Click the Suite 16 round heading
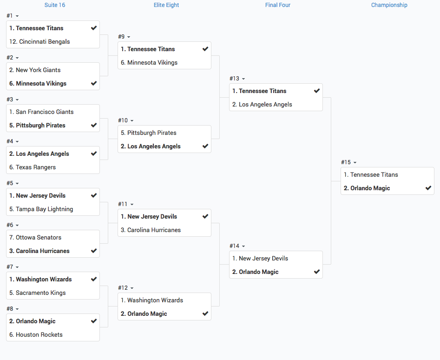point(55,5)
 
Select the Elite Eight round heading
point(166,5)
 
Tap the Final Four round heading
point(278,5)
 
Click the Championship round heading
point(389,5)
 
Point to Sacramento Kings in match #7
point(41,293)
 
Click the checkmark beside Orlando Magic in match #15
point(428,188)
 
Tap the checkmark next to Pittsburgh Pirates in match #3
point(94,125)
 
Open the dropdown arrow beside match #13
point(243,79)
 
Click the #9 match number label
point(121,37)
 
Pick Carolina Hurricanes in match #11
point(154,230)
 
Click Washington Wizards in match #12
point(155,300)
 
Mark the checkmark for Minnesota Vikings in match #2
point(94,83)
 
